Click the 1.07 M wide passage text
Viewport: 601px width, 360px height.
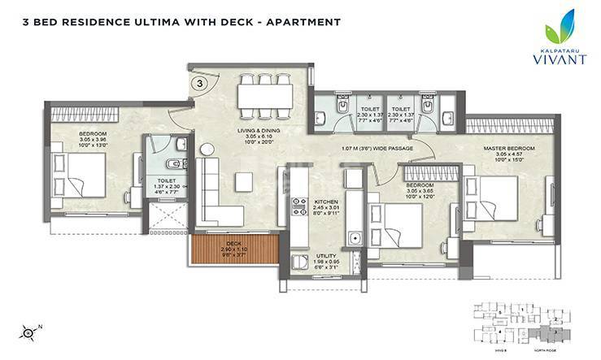tap(379, 149)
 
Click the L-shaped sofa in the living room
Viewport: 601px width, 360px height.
tap(215, 195)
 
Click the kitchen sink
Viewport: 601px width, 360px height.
tap(355, 239)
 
